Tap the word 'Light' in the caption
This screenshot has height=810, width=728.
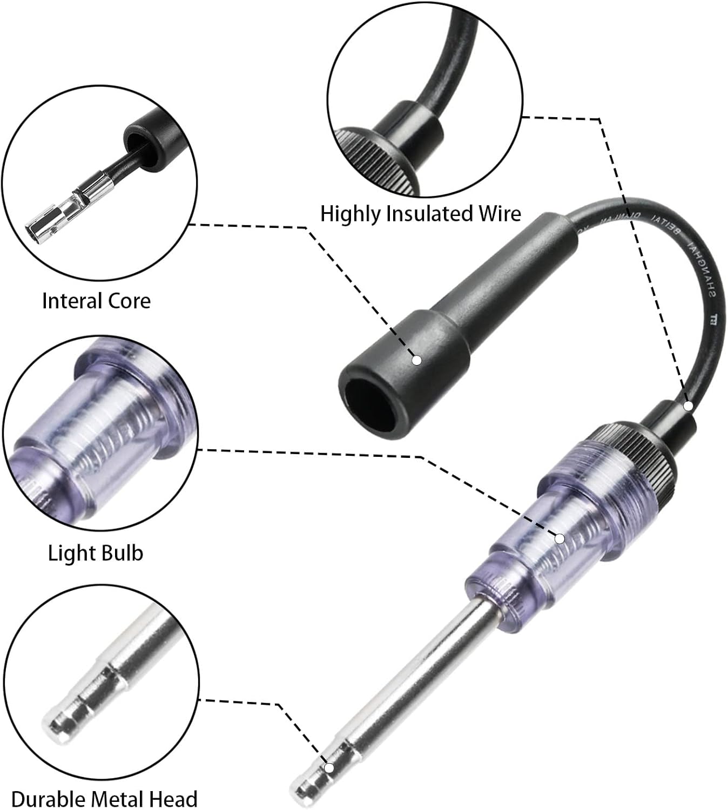click(70, 553)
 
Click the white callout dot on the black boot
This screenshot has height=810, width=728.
click(416, 360)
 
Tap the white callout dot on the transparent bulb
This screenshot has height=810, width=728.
click(560, 538)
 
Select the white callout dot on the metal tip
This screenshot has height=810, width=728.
click(328, 767)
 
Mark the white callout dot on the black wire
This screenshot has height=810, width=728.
click(688, 406)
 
